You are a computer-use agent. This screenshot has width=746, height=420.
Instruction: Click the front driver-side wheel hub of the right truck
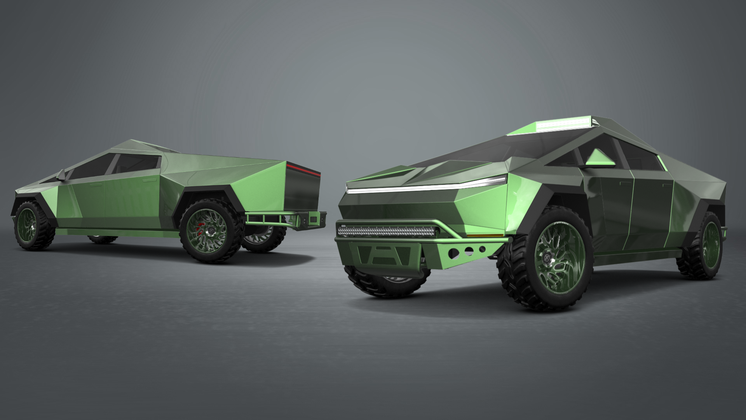(x=549, y=258)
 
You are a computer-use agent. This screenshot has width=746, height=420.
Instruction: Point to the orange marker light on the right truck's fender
(x=478, y=235)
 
